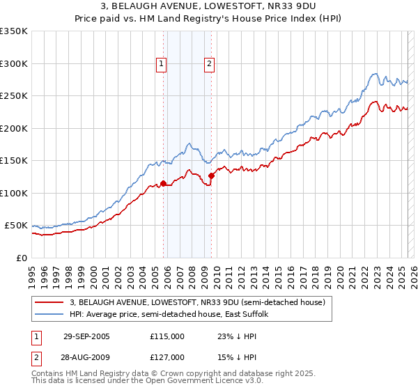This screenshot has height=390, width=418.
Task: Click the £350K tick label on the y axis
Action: coord(14,31)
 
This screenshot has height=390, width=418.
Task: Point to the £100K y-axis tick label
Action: coord(14,193)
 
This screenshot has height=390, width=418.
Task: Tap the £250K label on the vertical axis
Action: coord(14,96)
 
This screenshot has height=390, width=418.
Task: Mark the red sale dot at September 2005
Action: coord(164,184)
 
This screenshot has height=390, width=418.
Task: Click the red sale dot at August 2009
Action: coord(212,175)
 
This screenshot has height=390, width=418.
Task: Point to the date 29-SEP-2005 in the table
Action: coord(86,336)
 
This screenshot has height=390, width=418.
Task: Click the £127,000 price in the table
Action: coord(167,357)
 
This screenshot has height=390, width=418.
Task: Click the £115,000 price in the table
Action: coord(167,336)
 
